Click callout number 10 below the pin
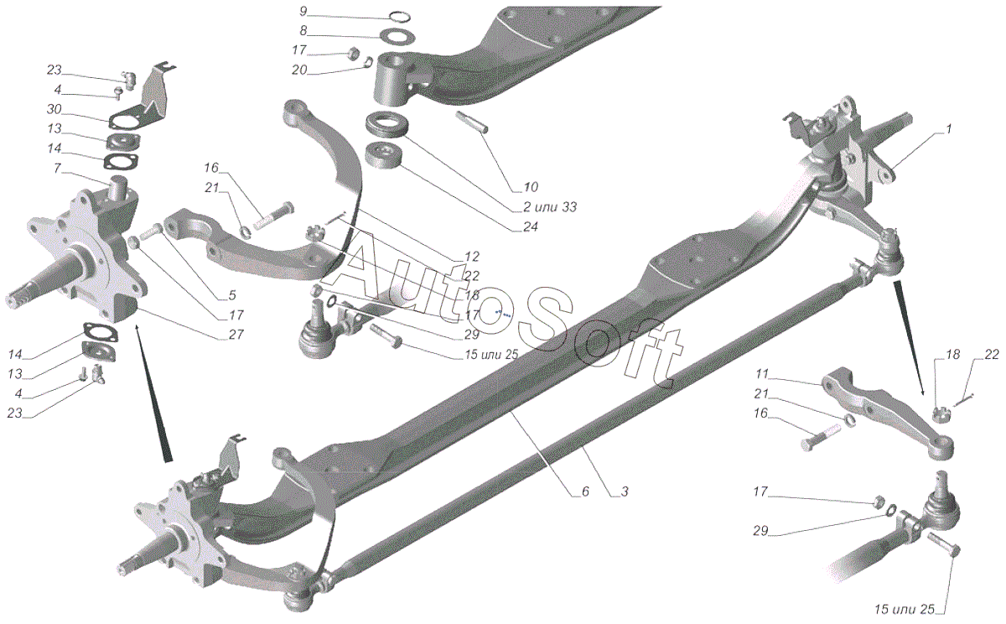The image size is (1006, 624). pyautogui.click(x=531, y=186)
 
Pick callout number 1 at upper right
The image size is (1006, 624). pyautogui.click(x=948, y=130)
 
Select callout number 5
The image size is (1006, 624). pyautogui.click(x=231, y=295)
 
